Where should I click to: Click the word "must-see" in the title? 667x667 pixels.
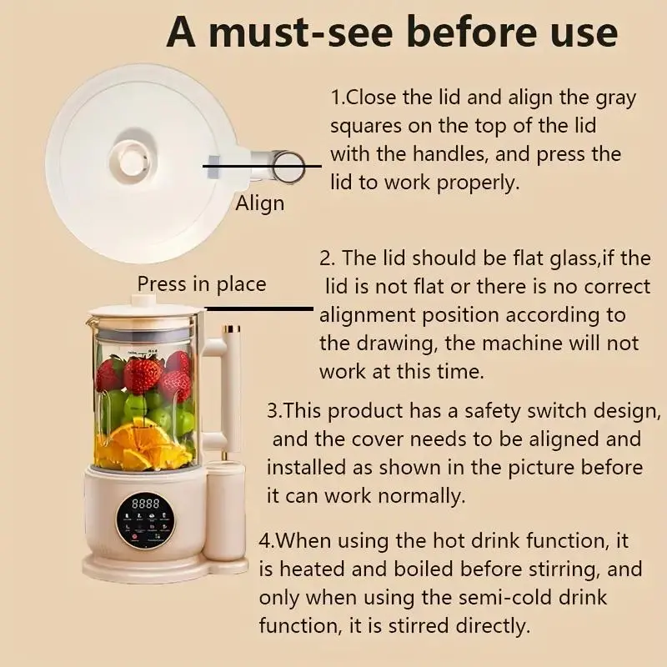click(301, 33)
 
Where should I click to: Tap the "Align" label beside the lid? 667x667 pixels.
click(260, 203)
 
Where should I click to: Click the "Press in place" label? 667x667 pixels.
click(202, 284)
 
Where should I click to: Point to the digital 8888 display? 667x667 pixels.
click(145, 504)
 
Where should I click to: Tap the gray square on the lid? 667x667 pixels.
click(214, 166)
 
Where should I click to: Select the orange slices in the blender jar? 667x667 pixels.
click(141, 447)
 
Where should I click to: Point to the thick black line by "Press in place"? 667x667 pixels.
click(259, 308)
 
